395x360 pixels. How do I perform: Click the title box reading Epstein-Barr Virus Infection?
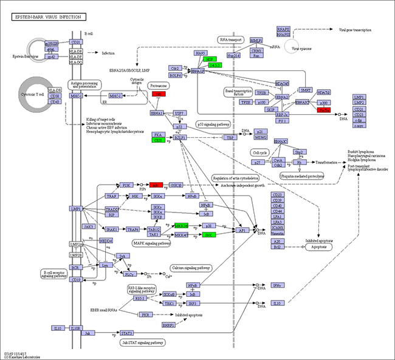(x=48, y=17)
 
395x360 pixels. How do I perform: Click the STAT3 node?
(x=127, y=333)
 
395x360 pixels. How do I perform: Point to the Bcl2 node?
(x=277, y=247)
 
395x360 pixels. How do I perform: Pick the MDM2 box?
(x=259, y=138)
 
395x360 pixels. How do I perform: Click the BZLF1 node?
(x=179, y=138)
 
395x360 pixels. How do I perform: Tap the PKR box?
(x=146, y=314)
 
